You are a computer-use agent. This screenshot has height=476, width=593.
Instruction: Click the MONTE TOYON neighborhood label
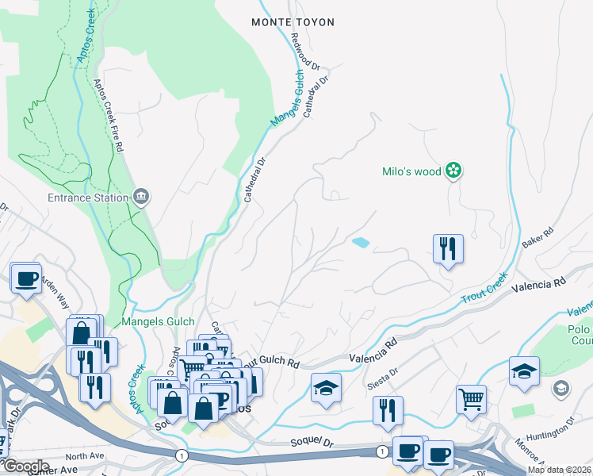[293, 22]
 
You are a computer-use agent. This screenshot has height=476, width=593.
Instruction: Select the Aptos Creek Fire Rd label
[109, 115]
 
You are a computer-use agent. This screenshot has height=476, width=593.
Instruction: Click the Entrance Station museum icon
[141, 198]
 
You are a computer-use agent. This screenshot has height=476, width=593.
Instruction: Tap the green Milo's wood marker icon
[453, 170]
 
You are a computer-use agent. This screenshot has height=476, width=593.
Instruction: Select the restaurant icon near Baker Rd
[448, 248]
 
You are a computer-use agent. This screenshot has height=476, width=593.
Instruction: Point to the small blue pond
[361, 243]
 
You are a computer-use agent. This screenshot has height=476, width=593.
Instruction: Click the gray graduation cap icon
[561, 388]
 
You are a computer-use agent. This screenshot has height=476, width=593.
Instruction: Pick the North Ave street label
[85, 456]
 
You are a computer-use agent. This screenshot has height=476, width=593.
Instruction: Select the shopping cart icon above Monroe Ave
[472, 398]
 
